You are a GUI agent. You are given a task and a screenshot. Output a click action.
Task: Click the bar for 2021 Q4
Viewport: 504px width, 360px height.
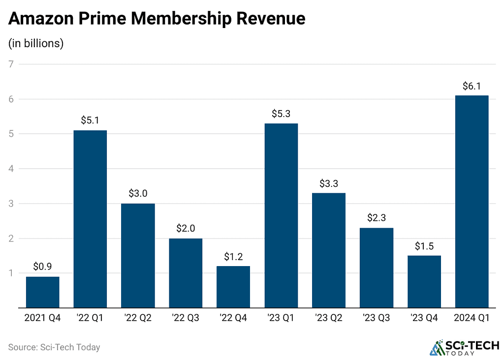(x=43, y=292)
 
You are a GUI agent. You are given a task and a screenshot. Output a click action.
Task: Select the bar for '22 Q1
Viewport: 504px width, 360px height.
(x=90, y=219)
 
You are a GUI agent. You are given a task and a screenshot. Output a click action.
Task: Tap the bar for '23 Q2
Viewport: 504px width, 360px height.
(x=329, y=250)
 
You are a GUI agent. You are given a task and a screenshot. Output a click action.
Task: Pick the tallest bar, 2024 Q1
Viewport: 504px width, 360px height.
(x=472, y=202)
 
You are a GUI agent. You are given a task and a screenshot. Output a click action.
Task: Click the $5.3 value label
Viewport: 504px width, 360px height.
(x=281, y=114)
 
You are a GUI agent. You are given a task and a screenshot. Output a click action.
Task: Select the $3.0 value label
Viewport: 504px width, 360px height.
(x=138, y=194)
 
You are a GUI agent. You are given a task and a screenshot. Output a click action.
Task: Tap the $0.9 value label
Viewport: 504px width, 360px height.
(x=43, y=267)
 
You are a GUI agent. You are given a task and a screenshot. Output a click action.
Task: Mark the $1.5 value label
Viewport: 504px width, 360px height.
(x=424, y=246)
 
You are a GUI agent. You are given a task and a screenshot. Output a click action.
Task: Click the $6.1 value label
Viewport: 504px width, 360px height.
(x=472, y=86)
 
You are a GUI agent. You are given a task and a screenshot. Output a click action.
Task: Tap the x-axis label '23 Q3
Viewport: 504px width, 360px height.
(x=376, y=318)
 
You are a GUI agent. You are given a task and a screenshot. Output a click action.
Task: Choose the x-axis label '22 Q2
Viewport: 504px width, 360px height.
(x=138, y=318)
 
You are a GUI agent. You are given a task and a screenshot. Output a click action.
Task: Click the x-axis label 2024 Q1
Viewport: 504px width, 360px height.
(x=472, y=318)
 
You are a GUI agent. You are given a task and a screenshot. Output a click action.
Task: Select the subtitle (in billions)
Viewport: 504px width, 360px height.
(x=36, y=43)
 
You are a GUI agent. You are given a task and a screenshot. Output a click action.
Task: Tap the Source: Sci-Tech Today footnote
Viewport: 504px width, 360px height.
(x=54, y=347)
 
